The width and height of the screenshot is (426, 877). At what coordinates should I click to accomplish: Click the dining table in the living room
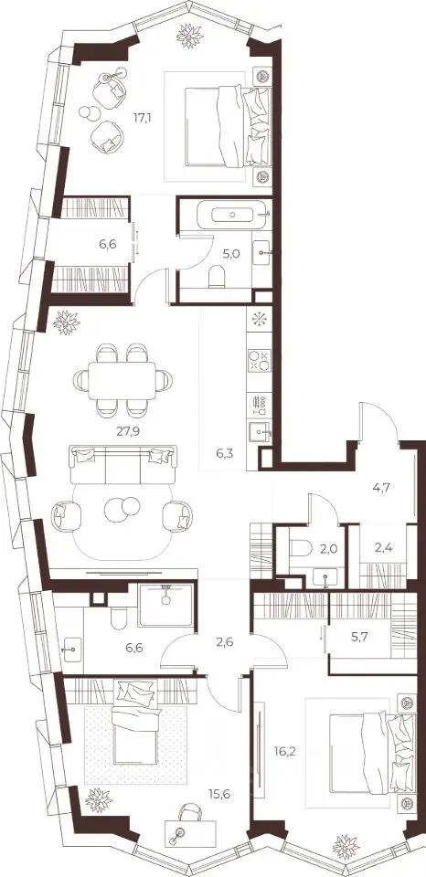(122, 380)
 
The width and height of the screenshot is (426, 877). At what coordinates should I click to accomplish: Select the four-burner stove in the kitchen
(259, 360)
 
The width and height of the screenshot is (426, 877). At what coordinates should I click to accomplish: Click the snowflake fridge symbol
(259, 319)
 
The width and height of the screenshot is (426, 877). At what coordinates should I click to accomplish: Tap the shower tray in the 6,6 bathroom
(165, 605)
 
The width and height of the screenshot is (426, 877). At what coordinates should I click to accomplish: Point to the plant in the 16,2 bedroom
(346, 847)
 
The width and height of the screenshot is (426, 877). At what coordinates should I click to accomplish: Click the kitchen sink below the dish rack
(260, 432)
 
